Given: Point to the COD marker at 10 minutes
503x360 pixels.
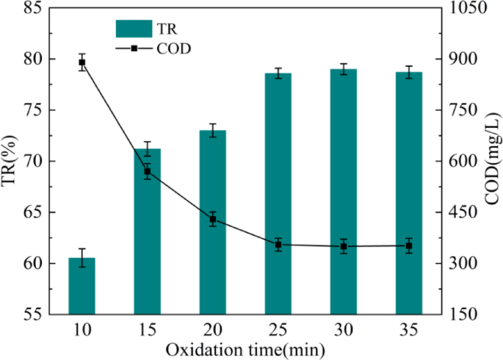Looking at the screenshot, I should coord(82,62).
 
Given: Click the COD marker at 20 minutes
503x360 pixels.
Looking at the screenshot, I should coord(213,219).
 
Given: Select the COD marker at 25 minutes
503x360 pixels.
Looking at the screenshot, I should coord(278,245).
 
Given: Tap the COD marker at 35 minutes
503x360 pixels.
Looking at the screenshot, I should coord(409,245).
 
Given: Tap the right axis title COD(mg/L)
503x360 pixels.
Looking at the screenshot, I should coord(491,161).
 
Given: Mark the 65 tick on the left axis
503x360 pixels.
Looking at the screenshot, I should coord(34,212).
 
